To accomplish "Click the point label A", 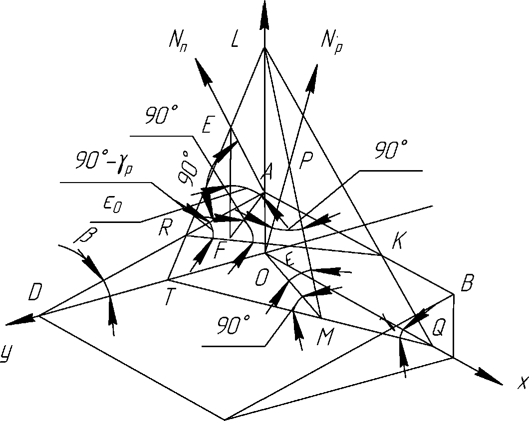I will pos(267,173).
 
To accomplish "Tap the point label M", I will pos(325,339).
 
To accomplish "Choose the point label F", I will pos(219,250).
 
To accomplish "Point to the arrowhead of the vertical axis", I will pos(264,12).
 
